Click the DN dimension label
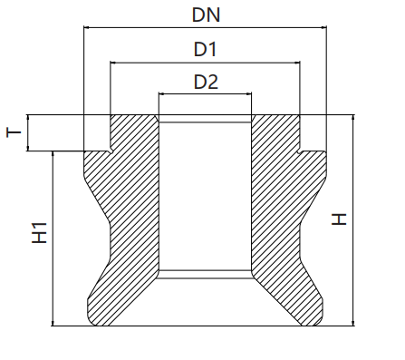(206, 15)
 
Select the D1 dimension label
(205, 49)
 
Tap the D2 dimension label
(206, 82)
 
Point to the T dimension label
(14, 132)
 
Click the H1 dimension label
(40, 233)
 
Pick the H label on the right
(339, 219)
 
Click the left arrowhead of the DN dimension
(86, 27)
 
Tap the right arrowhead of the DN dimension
(324, 27)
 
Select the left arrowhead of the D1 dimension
(113, 63)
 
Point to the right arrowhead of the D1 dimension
(297, 63)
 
